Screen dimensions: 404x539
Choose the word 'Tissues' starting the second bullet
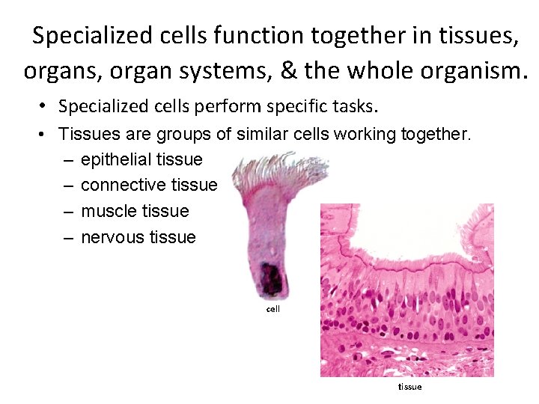(85, 135)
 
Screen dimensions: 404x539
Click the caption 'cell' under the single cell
(273, 309)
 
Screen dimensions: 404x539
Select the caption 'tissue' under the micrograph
(409, 387)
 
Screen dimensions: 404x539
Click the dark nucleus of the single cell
(272, 278)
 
